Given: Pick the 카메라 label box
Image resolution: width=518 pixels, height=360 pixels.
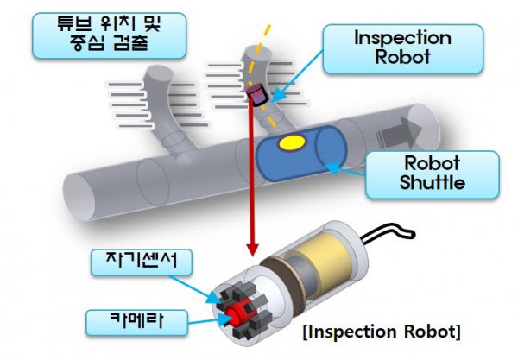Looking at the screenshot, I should click(x=126, y=322).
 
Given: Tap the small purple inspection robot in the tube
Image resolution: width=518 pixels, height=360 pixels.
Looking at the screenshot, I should click(x=256, y=93).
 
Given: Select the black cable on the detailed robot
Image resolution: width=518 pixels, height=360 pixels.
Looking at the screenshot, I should click(x=392, y=231).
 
